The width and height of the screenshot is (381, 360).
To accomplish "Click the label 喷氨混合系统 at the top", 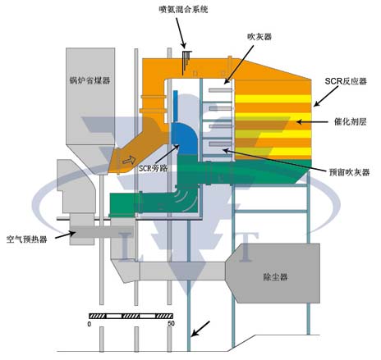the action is pyautogui.click(x=183, y=10).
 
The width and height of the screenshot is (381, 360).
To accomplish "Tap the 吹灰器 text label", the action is pyautogui.click(x=259, y=37).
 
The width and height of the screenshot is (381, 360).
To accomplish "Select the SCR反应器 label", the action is pyautogui.click(x=346, y=81).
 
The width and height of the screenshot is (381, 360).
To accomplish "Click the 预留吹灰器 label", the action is pyautogui.click(x=349, y=172).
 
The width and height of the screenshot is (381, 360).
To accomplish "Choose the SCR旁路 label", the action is pyautogui.click(x=153, y=168).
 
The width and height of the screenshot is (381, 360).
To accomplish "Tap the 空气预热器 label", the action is pyautogui.click(x=26, y=239).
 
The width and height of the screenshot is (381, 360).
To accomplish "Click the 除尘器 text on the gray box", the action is pyautogui.click(x=275, y=277).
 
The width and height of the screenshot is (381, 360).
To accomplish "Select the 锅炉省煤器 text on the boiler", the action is pyautogui.click(x=90, y=80).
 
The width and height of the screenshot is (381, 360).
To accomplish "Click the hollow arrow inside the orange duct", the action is pyautogui.click(x=129, y=160).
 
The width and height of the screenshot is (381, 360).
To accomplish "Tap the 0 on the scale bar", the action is pyautogui.click(x=90, y=324).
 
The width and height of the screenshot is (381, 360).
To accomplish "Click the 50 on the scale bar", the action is pyautogui.click(x=171, y=324).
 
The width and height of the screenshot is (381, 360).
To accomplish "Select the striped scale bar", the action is pyautogui.click(x=131, y=316).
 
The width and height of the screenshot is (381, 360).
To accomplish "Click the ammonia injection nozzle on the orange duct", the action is pyautogui.click(x=186, y=62).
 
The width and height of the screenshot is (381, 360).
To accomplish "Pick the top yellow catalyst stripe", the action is pyautogui.click(x=273, y=98).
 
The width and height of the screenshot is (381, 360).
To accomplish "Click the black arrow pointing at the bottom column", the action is pyautogui.click(x=200, y=329).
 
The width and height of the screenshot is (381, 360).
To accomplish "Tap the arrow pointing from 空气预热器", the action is pyautogui.click(x=65, y=235).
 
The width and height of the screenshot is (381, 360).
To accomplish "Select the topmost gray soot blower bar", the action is pyautogui.click(x=220, y=90).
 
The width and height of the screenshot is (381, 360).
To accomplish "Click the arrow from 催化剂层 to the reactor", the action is pyautogui.click(x=312, y=121).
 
